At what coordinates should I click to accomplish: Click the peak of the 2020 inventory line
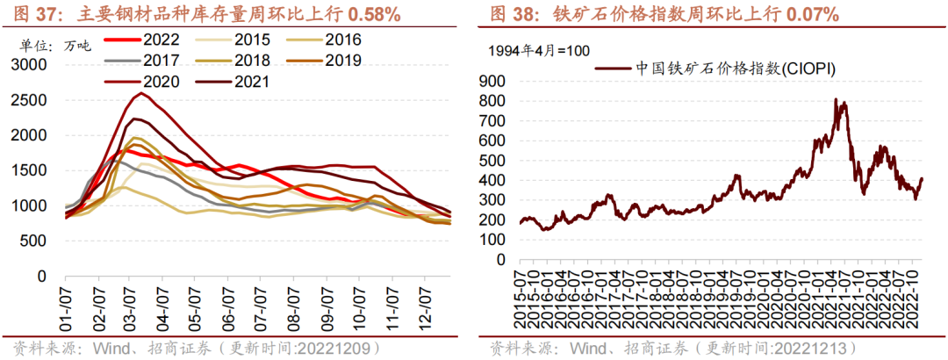pyautogui.click(x=141, y=93)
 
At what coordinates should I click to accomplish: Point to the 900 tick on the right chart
pyautogui.click(x=493, y=80)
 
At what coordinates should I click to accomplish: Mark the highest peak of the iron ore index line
pyautogui.click(x=836, y=99)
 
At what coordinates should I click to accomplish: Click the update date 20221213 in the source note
pyautogui.click(x=812, y=348)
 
